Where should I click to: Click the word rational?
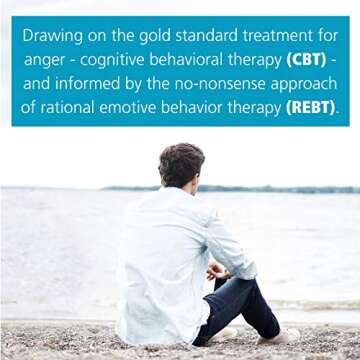71,106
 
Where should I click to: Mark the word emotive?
138,106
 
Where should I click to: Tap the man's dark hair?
181,162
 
